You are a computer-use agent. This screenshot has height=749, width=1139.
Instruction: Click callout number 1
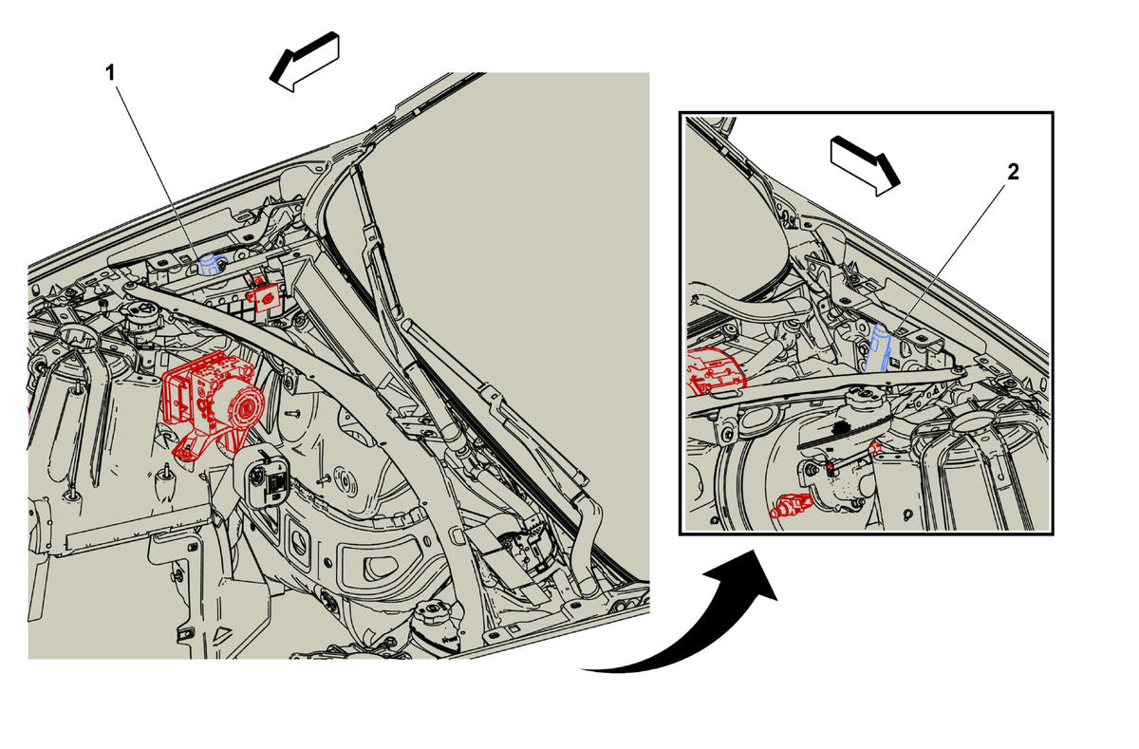pyautogui.click(x=110, y=73)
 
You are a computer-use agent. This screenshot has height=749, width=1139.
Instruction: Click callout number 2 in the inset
pyautogui.click(x=1013, y=172)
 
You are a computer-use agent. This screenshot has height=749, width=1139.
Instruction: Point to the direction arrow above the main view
pyautogui.click(x=305, y=62)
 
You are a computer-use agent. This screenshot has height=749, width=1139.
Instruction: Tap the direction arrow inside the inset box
pyautogui.click(x=865, y=166)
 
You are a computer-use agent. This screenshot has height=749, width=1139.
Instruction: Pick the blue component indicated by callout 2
pyautogui.click(x=878, y=348)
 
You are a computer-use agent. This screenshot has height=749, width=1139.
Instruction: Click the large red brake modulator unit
pyautogui.click(x=213, y=402)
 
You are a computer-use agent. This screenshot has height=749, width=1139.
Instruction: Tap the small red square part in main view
pyautogui.click(x=262, y=296)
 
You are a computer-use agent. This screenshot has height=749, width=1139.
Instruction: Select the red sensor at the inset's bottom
pyautogui.click(x=791, y=505)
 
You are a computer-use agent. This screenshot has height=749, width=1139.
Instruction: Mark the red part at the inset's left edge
pyautogui.click(x=715, y=372)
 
